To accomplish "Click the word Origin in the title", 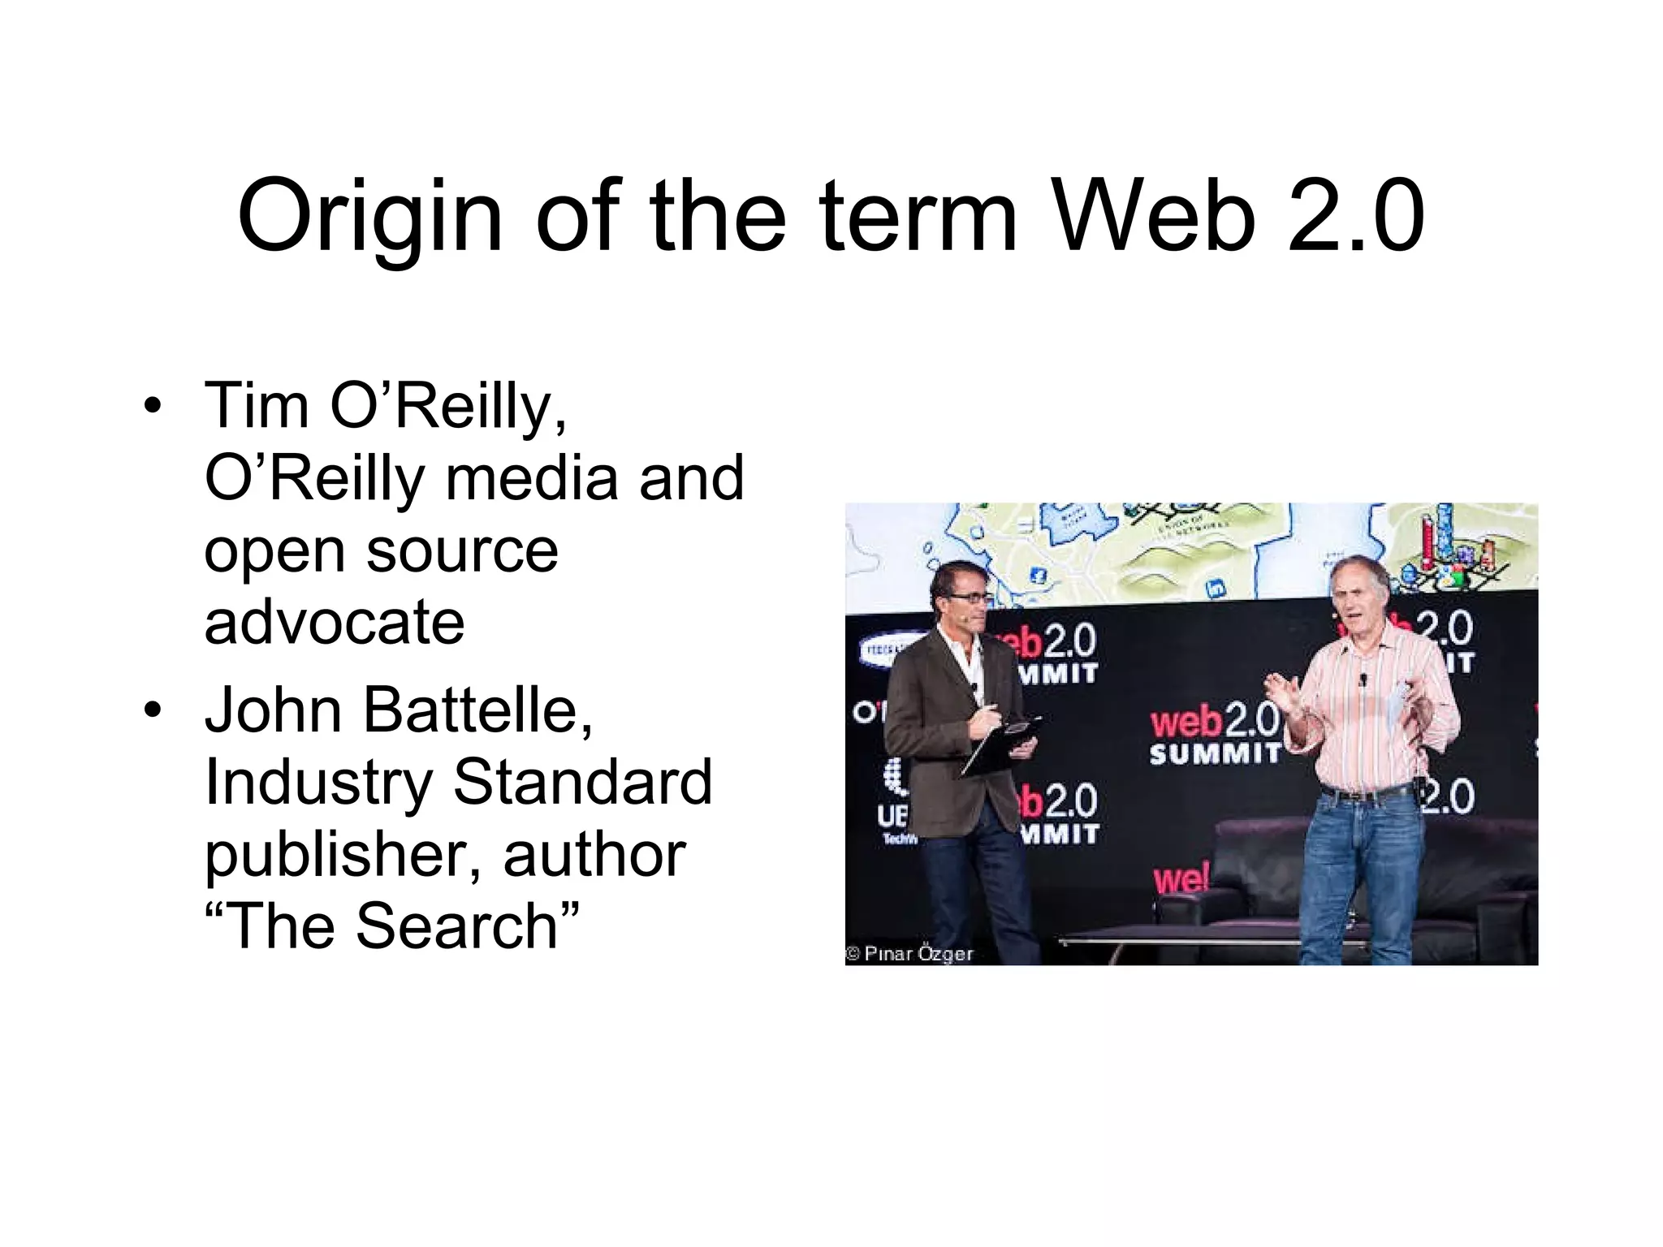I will tap(370, 218).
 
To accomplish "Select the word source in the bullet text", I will tap(462, 550).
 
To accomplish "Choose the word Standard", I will tap(582, 782).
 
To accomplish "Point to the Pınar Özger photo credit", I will tap(909, 954).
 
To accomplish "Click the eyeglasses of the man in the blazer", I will tap(966, 598).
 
